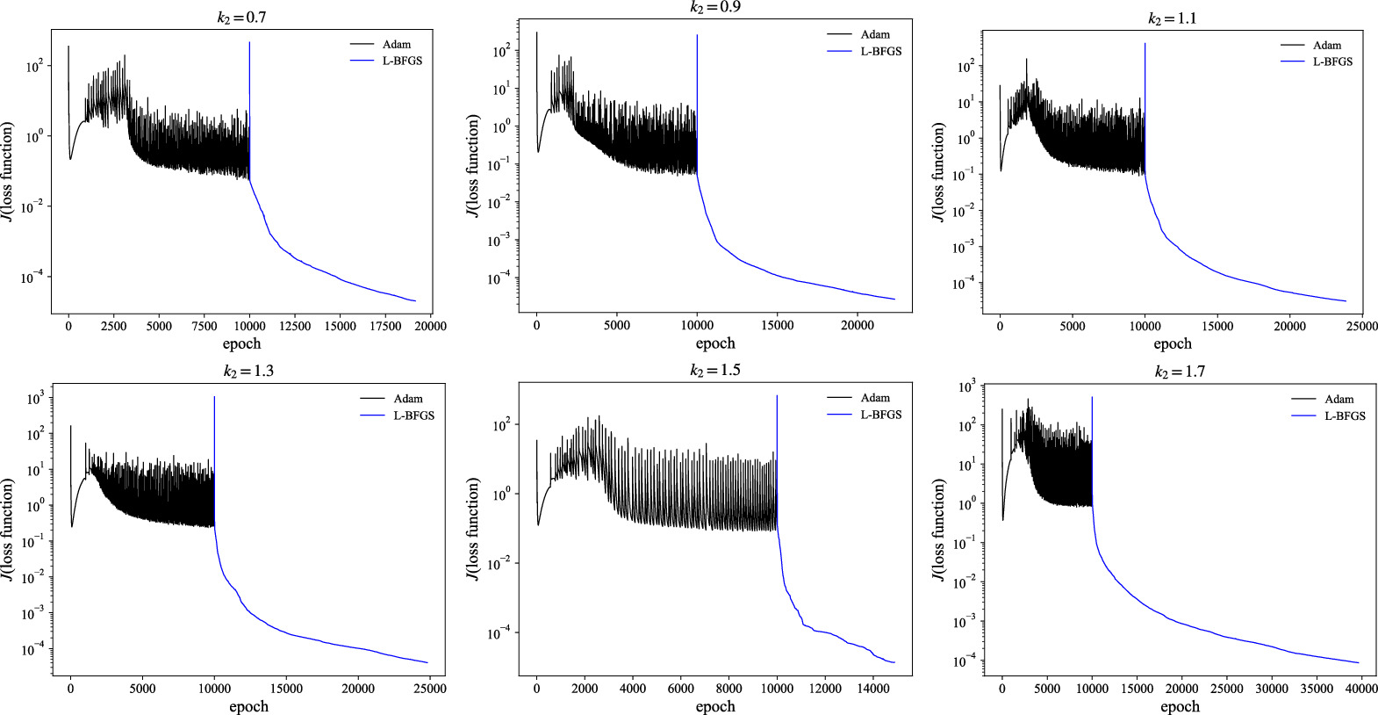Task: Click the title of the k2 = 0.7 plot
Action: [x=241, y=17]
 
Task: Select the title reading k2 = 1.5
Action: [x=714, y=371]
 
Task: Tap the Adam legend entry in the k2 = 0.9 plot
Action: [x=874, y=34]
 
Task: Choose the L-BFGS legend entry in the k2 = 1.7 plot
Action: [x=1345, y=415]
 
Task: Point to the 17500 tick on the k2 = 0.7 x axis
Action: [x=385, y=326]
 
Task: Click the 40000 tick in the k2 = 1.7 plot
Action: [x=1360, y=689]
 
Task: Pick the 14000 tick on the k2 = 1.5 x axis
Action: [x=873, y=689]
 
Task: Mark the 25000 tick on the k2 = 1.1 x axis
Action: [x=1361, y=326]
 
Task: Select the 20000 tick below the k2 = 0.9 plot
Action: [x=858, y=325]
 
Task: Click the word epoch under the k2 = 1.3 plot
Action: [x=248, y=706]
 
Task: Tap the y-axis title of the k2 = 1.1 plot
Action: [x=939, y=172]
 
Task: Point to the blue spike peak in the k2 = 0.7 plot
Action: [x=249, y=42]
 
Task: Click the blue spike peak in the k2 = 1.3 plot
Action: [x=214, y=397]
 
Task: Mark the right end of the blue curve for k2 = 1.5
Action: [x=894, y=662]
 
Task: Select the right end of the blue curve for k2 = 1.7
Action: [x=1359, y=663]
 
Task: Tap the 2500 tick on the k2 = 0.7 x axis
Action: [x=114, y=326]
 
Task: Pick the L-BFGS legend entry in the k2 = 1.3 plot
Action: [x=413, y=415]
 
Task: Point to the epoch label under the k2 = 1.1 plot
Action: [x=1172, y=343]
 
